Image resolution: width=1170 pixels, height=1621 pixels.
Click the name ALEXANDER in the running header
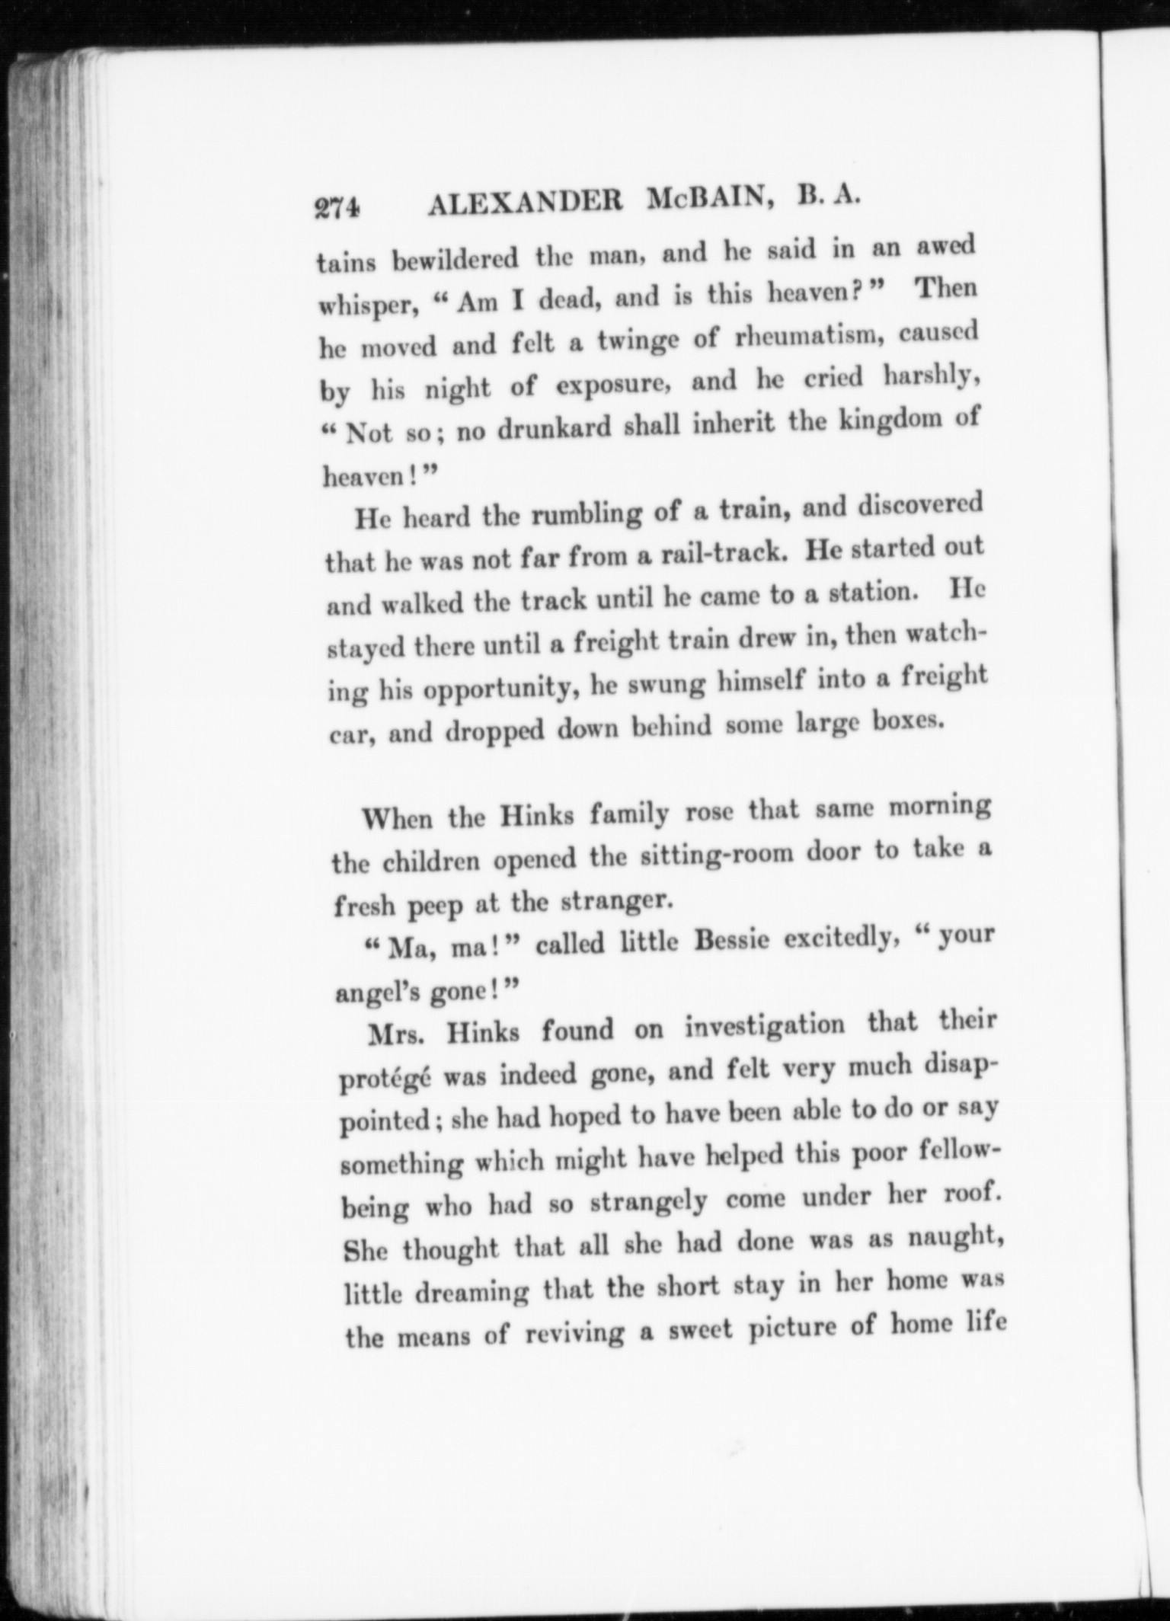[526, 204]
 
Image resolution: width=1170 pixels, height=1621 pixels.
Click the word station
[871, 592]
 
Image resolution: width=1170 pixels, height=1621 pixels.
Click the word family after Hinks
[629, 815]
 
